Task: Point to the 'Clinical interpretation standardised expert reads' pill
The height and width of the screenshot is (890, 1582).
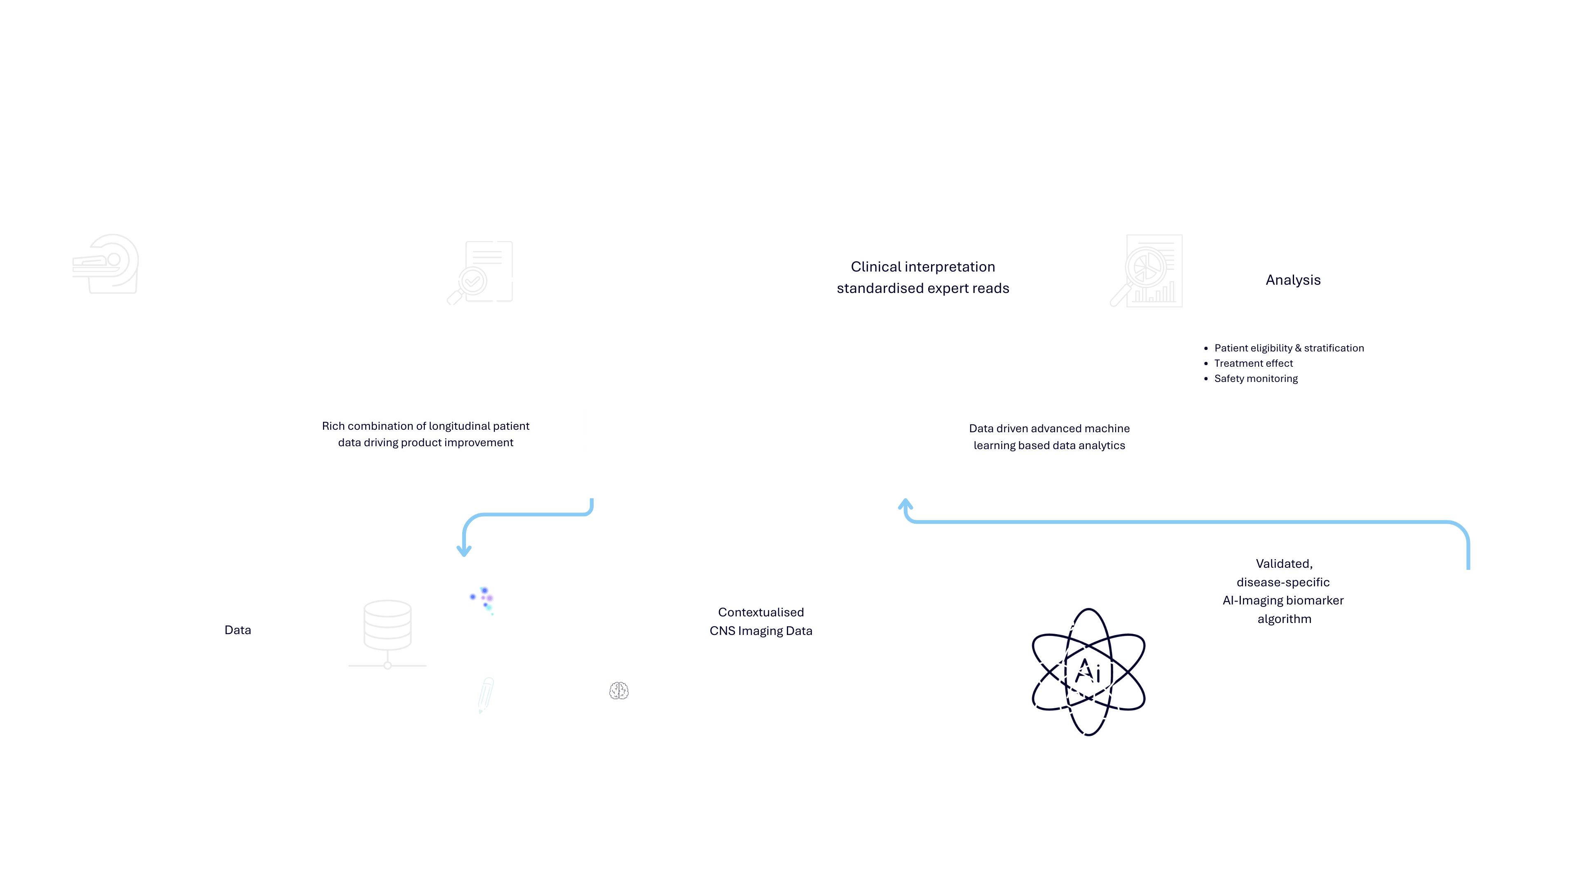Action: (922, 278)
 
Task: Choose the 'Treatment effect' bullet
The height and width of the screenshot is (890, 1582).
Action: (1253, 363)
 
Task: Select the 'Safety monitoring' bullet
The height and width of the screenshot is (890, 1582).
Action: (1255, 378)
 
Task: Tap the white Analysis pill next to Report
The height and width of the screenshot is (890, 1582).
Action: (1293, 280)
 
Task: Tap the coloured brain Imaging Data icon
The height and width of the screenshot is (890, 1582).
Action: (485, 600)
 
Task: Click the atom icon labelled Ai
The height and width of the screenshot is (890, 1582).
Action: (1077, 689)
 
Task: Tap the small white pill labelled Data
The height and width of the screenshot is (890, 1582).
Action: (238, 630)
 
